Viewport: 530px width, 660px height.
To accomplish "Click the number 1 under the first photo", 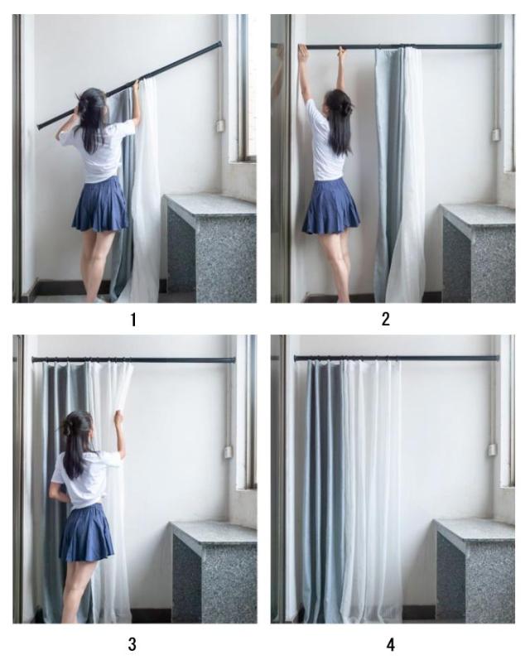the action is tap(133, 320).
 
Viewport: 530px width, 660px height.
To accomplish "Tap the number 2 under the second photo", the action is tap(386, 319).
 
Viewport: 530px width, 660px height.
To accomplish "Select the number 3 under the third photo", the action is tap(132, 644).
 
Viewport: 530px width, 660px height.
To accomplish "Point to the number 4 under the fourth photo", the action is tap(391, 644).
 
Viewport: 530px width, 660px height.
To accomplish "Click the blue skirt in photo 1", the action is tap(100, 205).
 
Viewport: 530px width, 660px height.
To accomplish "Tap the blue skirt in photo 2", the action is tap(331, 207).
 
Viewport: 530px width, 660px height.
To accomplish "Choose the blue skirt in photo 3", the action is tap(87, 533).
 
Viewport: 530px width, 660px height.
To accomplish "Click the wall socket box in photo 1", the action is tap(219, 125).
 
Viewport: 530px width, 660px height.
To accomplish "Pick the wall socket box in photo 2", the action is tap(495, 135).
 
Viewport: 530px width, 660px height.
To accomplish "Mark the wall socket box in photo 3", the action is tap(228, 452).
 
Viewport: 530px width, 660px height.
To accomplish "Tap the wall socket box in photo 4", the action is tap(492, 450).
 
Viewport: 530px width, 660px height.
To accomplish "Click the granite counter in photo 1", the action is tap(210, 248).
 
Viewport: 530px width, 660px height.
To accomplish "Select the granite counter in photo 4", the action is tap(474, 571).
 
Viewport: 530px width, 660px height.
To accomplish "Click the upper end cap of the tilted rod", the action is tap(219, 43).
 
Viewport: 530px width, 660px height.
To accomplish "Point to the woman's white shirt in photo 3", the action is tap(84, 479).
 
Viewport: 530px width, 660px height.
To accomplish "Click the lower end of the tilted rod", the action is tap(39, 126).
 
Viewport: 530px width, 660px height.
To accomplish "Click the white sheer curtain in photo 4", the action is tap(371, 490).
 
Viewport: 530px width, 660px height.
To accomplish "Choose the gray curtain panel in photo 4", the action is tap(321, 490).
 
